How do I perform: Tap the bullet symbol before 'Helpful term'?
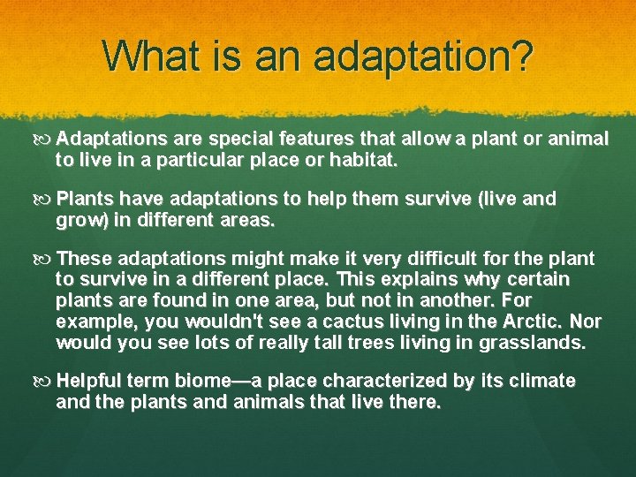tap(45, 381)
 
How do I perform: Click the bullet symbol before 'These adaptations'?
tap(45, 259)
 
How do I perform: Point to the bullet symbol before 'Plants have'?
tap(45, 200)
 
